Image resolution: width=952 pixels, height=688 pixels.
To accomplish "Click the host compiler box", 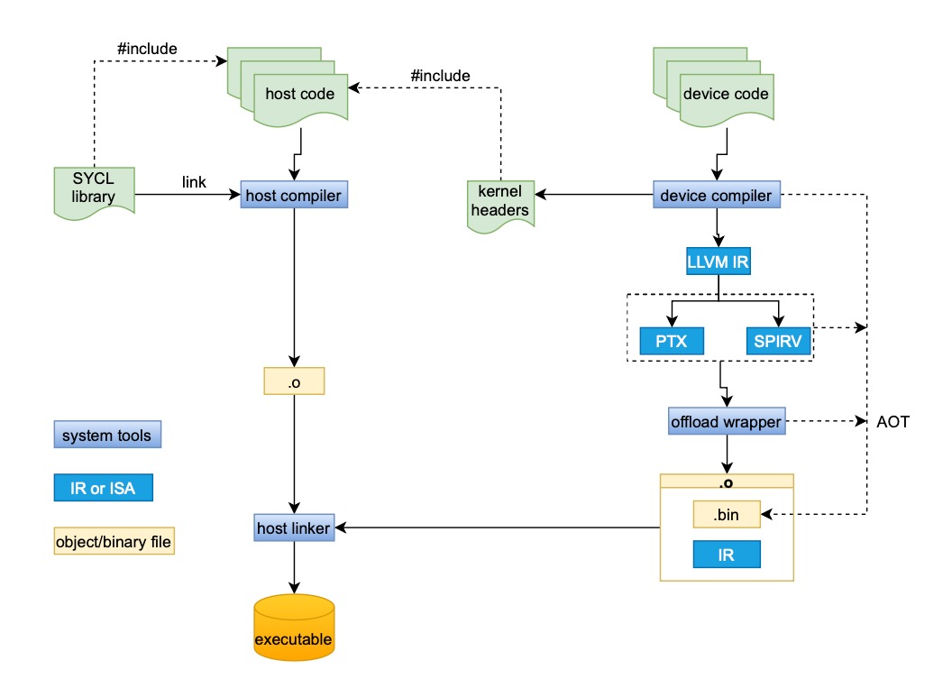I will (x=294, y=195).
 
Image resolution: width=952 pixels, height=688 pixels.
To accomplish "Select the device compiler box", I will (x=716, y=195).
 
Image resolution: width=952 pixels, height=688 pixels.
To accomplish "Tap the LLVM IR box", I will (x=717, y=262).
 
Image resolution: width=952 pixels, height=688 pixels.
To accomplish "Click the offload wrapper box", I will (x=726, y=421).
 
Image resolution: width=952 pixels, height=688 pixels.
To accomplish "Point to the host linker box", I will (x=294, y=526).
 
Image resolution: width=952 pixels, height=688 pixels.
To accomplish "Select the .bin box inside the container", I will (x=727, y=516).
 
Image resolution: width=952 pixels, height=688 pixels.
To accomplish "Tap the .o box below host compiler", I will (x=294, y=381).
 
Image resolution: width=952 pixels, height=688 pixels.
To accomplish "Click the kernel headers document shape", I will (x=499, y=203).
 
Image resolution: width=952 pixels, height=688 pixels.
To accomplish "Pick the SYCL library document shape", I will (x=95, y=188).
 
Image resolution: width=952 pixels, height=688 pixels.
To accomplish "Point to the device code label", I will (x=726, y=94).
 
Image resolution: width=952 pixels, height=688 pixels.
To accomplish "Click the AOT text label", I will (x=892, y=421).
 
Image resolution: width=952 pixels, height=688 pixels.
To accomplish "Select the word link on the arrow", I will (x=194, y=182).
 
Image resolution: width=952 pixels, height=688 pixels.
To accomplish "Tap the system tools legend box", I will (x=106, y=436).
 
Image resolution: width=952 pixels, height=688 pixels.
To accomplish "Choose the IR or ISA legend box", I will (x=103, y=489).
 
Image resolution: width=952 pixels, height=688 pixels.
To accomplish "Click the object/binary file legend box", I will (x=114, y=542).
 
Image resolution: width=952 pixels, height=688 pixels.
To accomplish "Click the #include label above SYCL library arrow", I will (x=147, y=48).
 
